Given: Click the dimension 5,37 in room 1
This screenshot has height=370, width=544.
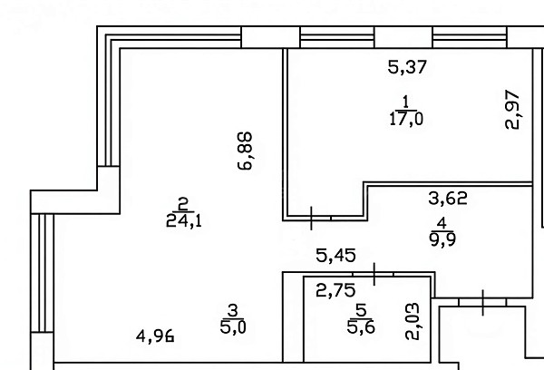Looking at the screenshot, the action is (x=407, y=67).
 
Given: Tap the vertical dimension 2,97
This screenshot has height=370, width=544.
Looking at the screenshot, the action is (x=512, y=110).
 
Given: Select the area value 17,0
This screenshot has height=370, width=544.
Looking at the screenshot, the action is (x=406, y=120).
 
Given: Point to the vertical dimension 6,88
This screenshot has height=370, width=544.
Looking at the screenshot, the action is (x=246, y=151).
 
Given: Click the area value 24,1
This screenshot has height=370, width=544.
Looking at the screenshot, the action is (x=184, y=220).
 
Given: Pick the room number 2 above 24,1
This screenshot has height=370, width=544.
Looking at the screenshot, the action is (x=183, y=204).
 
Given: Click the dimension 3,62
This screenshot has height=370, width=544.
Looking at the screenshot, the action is (x=448, y=199).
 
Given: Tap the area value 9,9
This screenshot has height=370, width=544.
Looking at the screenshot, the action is (x=442, y=239).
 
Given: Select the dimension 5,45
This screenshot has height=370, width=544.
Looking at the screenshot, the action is (x=335, y=256).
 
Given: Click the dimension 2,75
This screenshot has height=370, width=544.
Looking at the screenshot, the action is (x=335, y=290).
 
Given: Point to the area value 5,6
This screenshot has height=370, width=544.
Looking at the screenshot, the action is (x=361, y=327).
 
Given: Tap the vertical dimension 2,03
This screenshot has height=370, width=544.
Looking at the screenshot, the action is (x=413, y=321).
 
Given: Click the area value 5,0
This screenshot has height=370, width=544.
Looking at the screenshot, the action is (x=233, y=327).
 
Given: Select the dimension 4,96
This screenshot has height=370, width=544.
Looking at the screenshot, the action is (x=155, y=336).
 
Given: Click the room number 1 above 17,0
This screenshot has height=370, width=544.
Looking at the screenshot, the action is (x=406, y=102).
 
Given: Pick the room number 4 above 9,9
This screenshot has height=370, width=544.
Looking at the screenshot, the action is (x=442, y=224).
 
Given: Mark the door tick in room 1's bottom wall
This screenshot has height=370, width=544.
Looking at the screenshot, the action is (x=311, y=218).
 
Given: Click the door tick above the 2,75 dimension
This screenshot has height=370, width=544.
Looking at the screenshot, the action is (x=374, y=274).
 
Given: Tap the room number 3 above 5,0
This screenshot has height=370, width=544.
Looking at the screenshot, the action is (x=233, y=310).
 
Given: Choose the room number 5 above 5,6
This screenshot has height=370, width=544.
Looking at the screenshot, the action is (x=361, y=310).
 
